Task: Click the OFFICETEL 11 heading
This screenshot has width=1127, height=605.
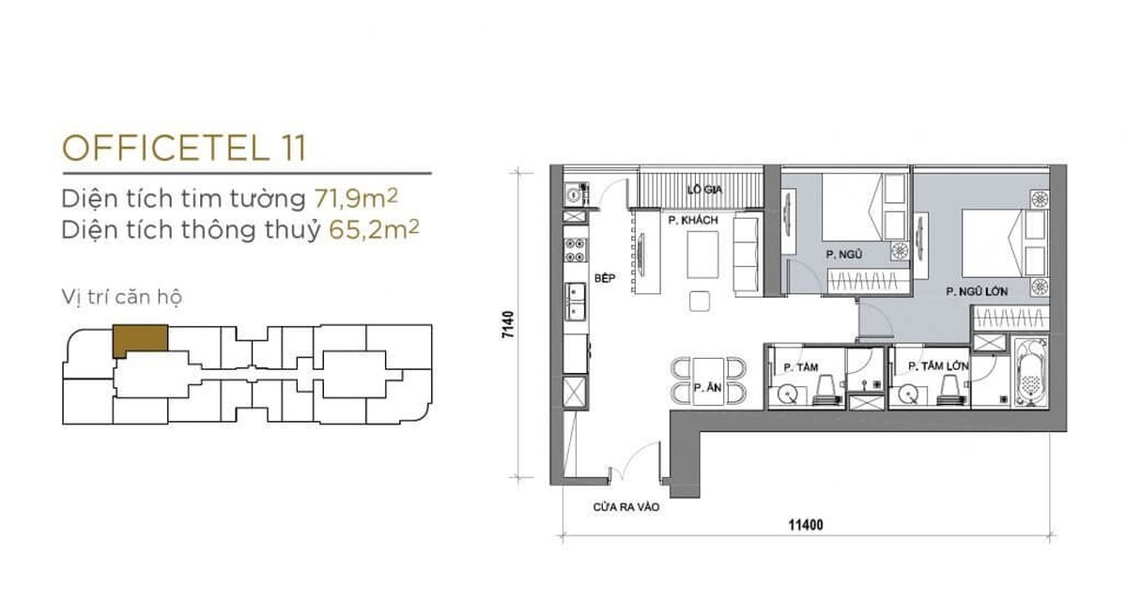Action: pos(184,148)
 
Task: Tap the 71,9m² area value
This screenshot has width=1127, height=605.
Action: pos(356,198)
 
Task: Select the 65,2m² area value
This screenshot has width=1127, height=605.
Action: pos(374,229)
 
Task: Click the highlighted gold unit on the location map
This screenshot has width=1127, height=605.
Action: pos(140,339)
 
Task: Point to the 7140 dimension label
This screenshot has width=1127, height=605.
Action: pos(508,325)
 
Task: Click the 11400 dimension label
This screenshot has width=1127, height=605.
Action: pos(806,525)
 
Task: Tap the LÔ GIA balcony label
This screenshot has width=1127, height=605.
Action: pos(704,190)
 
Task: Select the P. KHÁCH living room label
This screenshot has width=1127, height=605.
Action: pos(693,221)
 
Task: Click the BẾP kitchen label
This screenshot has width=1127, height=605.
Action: pos(605,278)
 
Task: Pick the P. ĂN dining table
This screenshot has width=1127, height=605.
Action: pos(708,381)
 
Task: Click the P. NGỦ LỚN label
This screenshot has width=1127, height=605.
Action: pos(977,291)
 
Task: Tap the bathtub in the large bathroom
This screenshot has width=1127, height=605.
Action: pos(1030,372)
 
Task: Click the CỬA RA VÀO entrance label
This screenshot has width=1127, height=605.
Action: pos(625,507)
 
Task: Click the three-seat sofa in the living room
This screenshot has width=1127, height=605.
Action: pos(746,256)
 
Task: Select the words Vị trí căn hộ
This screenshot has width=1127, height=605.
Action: pos(122,297)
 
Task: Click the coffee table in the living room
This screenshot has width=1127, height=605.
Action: pos(702,255)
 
